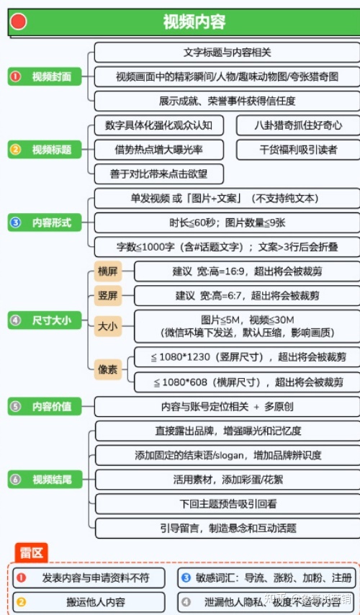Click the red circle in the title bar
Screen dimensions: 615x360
[19, 22]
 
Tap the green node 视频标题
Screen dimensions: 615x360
[45, 150]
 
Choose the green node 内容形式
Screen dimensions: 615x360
[45, 223]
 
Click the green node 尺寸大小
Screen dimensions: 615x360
[45, 320]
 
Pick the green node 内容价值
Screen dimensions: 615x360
[45, 406]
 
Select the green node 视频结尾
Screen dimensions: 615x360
[45, 480]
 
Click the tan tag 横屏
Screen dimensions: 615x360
[108, 271]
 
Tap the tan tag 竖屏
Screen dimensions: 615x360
[108, 295]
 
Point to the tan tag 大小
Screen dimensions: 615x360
[108, 326]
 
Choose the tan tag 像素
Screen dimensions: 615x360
[108, 369]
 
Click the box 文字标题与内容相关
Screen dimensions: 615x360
[227, 53]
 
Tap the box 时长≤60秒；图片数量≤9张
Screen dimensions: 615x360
[227, 223]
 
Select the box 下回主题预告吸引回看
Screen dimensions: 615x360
[227, 503]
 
